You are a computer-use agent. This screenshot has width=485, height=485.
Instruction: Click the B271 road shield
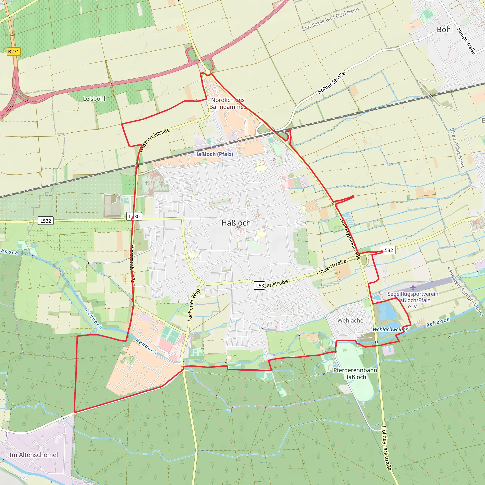(13, 52)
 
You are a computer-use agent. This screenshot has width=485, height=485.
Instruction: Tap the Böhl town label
(445, 30)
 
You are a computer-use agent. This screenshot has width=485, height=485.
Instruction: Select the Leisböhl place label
(94, 99)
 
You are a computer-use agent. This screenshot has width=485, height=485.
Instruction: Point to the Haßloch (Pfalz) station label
(214, 154)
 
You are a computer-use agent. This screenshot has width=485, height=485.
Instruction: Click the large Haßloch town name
(236, 223)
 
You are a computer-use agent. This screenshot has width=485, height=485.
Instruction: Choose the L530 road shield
(134, 216)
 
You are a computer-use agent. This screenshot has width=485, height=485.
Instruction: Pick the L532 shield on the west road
(46, 221)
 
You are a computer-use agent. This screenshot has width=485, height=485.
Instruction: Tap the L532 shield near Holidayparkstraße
(388, 250)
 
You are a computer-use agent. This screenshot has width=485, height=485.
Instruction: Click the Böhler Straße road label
(331, 83)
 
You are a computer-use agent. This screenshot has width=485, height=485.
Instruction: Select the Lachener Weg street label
(194, 305)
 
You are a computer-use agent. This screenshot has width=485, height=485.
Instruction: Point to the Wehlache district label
(350, 321)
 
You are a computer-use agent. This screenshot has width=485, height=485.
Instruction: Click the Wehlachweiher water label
(390, 329)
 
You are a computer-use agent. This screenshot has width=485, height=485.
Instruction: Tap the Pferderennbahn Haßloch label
(355, 373)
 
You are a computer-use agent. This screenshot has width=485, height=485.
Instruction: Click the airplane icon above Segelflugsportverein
(413, 287)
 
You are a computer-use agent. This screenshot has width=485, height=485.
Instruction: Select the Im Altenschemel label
(34, 455)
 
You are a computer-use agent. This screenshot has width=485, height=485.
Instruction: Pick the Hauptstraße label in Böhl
(466, 41)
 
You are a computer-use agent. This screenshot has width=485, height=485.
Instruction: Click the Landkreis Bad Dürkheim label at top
(330, 19)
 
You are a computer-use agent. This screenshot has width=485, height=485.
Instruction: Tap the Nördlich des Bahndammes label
(228, 103)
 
